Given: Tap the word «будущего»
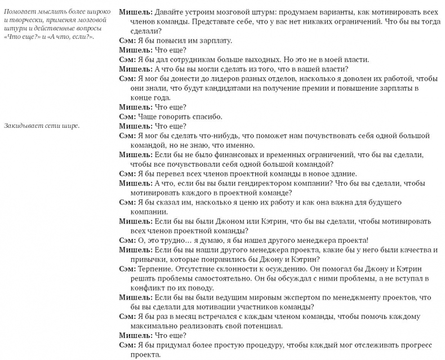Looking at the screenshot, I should click(x=390, y=202).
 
